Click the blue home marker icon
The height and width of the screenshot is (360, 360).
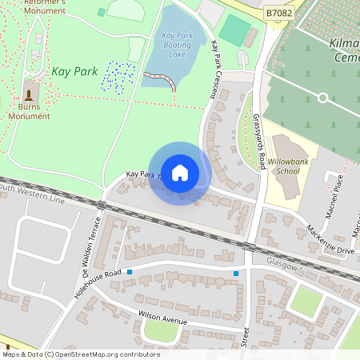pyautogui.click(x=180, y=173)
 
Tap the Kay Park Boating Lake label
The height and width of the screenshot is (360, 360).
pyautogui.click(x=178, y=46)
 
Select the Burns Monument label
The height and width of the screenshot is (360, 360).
pyautogui.click(x=30, y=110)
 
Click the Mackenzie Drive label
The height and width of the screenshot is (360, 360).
pyautogui.click(x=330, y=240)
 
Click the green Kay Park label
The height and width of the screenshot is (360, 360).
pyautogui.click(x=74, y=71)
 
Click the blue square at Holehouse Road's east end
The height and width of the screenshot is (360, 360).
pyautogui.click(x=236, y=274)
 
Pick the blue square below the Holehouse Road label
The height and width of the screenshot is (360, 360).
pyautogui.click(x=129, y=272)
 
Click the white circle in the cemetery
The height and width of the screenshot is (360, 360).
pyautogui.click(x=322, y=97)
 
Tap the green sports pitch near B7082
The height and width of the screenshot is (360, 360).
pyautogui.click(x=233, y=30)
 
